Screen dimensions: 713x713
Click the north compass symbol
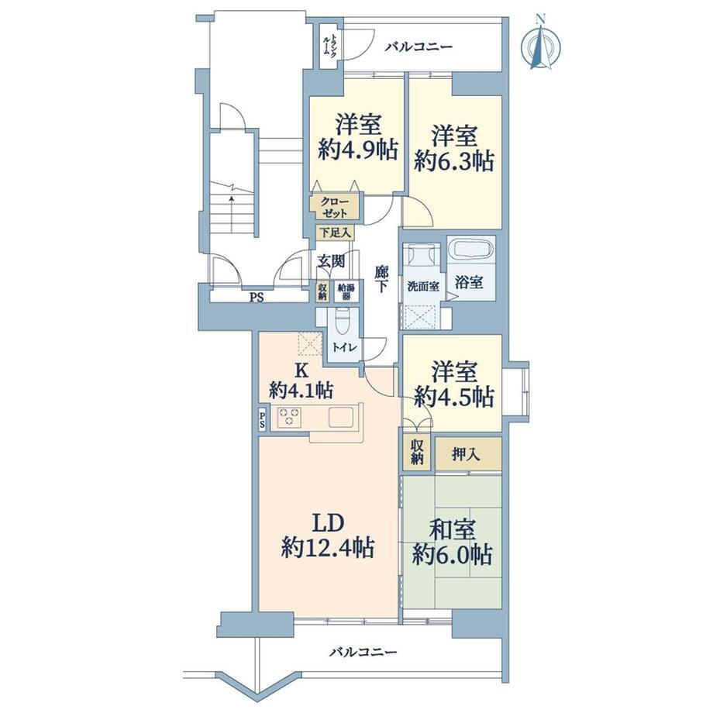(x=540, y=44)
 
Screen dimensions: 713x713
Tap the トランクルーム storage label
(x=329, y=45)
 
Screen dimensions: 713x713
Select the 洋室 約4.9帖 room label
(x=358, y=137)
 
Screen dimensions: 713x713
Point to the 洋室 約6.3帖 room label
(x=454, y=149)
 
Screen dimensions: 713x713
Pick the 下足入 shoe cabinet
(x=336, y=232)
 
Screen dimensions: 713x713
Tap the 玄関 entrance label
(x=331, y=261)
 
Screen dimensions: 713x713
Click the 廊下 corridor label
(x=381, y=280)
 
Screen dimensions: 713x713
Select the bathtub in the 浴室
(x=470, y=250)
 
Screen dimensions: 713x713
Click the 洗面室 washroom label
(x=423, y=287)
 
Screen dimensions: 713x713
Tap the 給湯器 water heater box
(x=347, y=291)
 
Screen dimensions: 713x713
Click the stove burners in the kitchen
(x=289, y=418)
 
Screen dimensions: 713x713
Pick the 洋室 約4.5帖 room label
(x=454, y=384)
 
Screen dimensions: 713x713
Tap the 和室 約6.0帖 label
(x=453, y=542)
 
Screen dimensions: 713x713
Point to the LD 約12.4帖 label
(x=328, y=536)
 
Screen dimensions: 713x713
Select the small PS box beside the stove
(x=263, y=420)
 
